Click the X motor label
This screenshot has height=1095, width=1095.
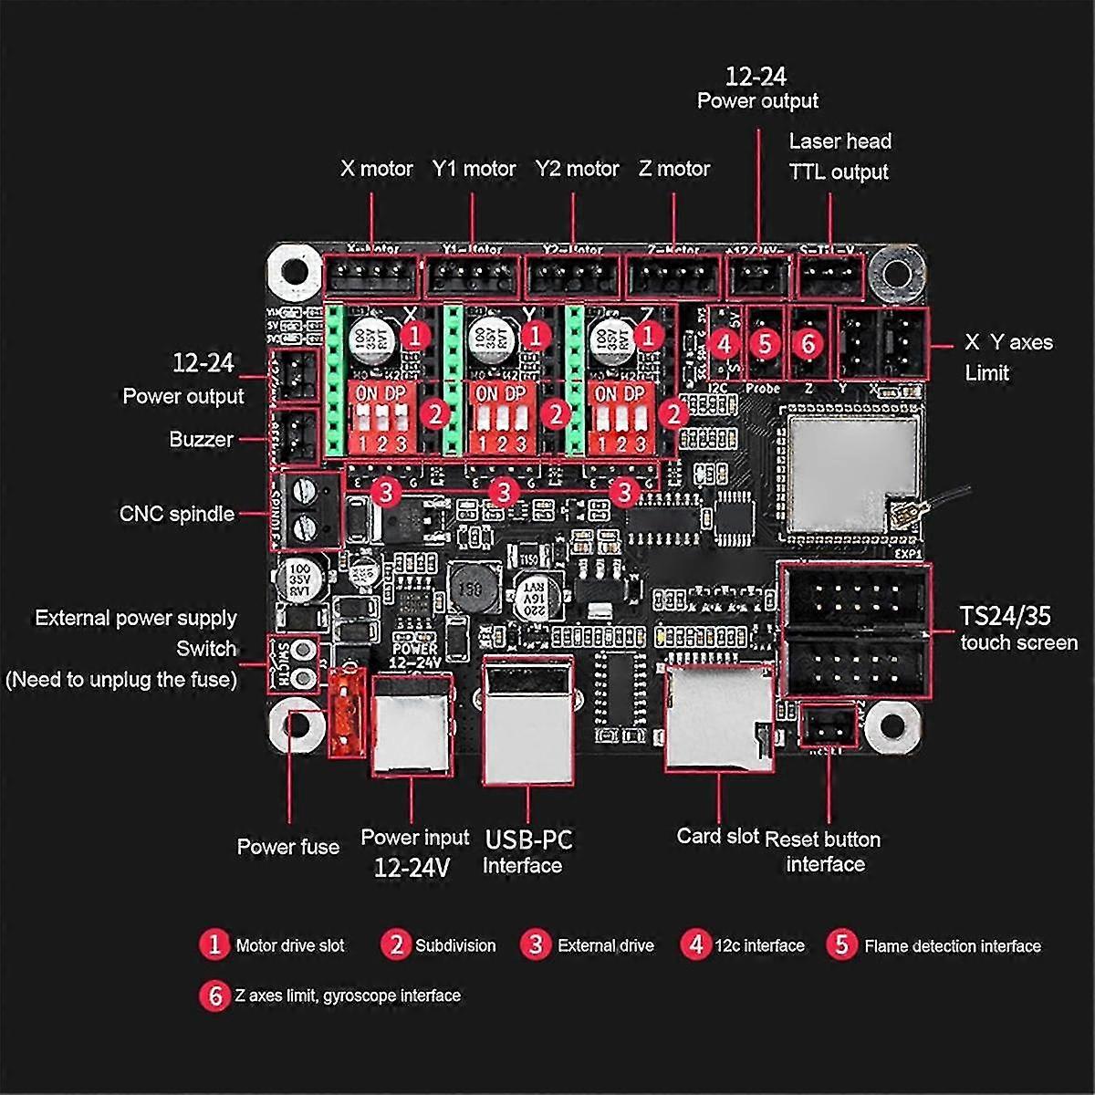[x=376, y=169]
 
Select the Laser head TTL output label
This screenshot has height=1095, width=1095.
[x=839, y=156]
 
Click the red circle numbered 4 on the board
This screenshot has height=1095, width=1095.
[x=725, y=344]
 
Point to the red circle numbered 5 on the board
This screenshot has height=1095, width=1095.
[x=765, y=344]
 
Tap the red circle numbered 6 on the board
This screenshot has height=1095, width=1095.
[x=808, y=344]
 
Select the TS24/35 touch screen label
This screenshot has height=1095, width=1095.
[x=1017, y=629]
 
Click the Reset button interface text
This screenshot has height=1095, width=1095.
[x=823, y=851]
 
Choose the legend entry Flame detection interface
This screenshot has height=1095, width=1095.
[x=952, y=946]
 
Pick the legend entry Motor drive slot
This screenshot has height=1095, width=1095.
[x=289, y=946]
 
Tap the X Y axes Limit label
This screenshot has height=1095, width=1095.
[x=1007, y=357]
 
